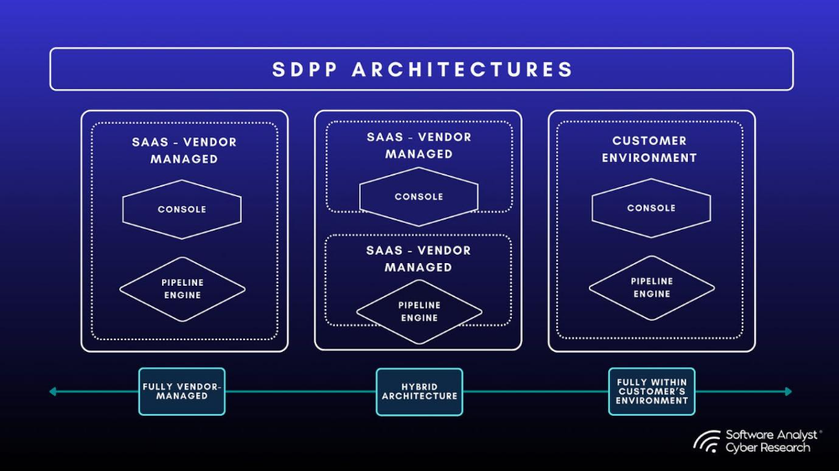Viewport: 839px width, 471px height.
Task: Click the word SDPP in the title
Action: point(303,69)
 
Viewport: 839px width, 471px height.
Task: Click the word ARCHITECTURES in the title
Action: point(462,69)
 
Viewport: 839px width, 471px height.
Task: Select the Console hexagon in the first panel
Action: point(182,210)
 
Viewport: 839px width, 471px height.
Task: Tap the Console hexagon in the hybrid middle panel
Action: point(419,197)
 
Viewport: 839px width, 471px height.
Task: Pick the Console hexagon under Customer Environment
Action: point(651,208)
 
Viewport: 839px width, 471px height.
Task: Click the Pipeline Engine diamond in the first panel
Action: point(182,289)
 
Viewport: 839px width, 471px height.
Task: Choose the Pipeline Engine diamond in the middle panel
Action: point(419,312)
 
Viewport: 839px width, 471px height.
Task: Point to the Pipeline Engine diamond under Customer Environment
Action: point(651,287)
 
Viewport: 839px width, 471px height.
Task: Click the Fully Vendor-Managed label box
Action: point(182,391)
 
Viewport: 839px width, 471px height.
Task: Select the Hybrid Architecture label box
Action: point(419,391)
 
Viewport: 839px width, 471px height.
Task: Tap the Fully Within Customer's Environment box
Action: point(652,391)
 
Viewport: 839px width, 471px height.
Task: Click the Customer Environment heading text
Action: point(649,149)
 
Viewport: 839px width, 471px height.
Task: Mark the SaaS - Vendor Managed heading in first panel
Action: point(184,150)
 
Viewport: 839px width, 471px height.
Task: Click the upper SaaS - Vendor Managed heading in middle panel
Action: point(419,145)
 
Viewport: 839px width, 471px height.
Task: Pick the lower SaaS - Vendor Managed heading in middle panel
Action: point(419,258)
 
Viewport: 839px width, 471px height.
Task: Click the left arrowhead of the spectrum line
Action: point(52,391)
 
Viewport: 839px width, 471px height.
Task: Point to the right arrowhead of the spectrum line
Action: point(787,391)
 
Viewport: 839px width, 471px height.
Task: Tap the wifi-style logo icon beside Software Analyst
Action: point(706,442)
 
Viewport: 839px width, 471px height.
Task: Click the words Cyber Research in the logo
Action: point(768,448)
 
